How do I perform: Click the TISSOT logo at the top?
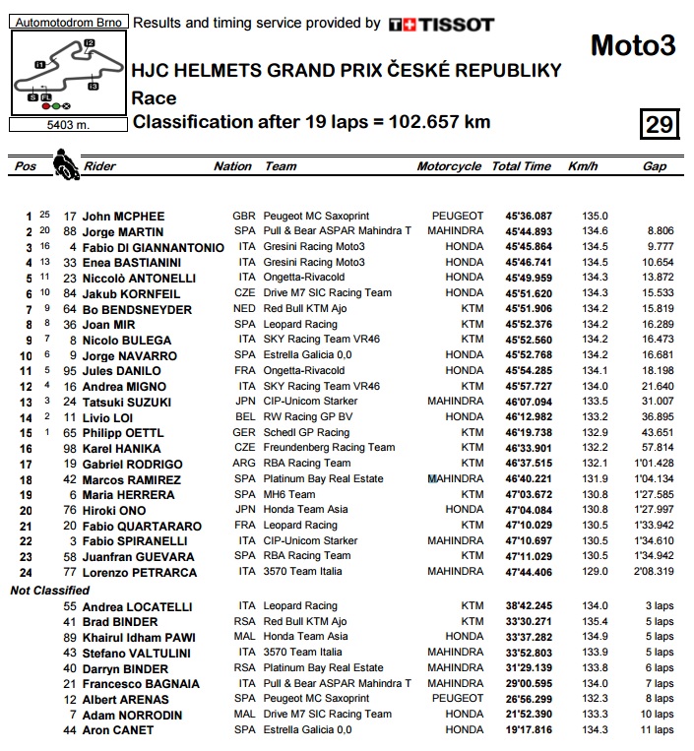(441, 25)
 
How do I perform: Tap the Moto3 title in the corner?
(632, 45)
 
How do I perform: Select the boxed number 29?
(659, 124)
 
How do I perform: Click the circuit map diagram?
(65, 73)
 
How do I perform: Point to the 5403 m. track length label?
(65, 125)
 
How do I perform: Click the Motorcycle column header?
(449, 166)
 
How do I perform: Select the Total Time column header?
(521, 166)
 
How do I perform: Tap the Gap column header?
(655, 166)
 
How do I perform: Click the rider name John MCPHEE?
(123, 216)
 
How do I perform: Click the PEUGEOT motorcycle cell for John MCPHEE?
(458, 216)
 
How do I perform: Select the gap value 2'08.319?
(654, 572)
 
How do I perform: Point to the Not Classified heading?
(50, 590)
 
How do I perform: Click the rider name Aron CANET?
(118, 730)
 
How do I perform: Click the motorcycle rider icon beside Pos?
(65, 162)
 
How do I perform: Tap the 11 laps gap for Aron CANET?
(657, 730)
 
